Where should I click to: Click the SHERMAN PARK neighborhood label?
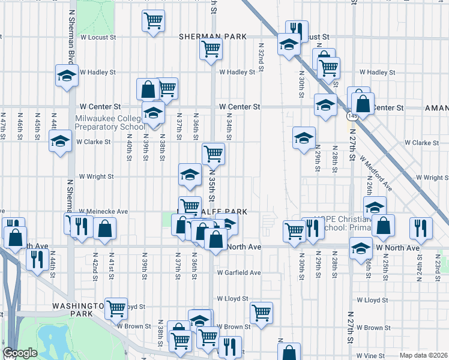pos(212,37)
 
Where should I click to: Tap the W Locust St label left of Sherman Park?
pos(98,37)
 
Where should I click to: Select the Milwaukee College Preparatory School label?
pos(110,122)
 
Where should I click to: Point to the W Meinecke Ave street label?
pos(104,211)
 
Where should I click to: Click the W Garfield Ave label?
pos(239,272)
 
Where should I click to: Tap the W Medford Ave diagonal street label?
pos(376,174)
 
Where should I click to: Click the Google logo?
pos(20,353)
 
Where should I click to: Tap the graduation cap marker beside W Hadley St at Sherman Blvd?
pos(67,75)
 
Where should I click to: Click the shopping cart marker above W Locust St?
pos(153,21)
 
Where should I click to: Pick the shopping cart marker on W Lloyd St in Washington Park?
pos(116,308)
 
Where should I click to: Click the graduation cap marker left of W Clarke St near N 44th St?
pos(59,142)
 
